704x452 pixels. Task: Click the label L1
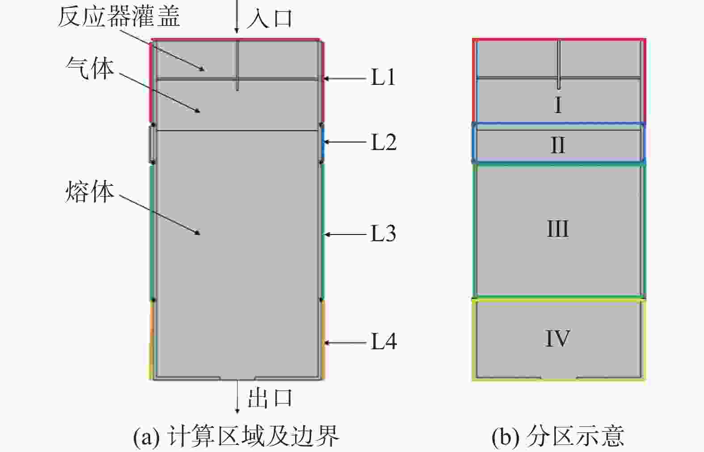pyautogui.click(x=383, y=78)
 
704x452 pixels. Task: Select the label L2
pyautogui.click(x=384, y=142)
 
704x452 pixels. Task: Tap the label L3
pyautogui.click(x=384, y=234)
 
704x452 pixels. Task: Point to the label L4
pyautogui.click(x=384, y=342)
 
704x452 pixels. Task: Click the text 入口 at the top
pyautogui.click(x=270, y=19)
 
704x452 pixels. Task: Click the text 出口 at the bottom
pyautogui.click(x=270, y=398)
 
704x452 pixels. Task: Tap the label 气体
pyautogui.click(x=90, y=69)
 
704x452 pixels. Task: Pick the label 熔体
pyautogui.click(x=90, y=193)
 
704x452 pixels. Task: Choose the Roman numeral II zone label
pyautogui.click(x=558, y=145)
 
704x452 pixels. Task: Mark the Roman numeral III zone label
pyautogui.click(x=558, y=229)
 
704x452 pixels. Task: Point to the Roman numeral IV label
pyautogui.click(x=558, y=339)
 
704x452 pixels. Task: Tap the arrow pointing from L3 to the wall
pyautogui.click(x=345, y=234)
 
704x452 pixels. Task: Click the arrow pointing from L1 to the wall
pyautogui.click(x=345, y=79)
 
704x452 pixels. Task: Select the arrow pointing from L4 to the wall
pyautogui.click(x=345, y=343)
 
